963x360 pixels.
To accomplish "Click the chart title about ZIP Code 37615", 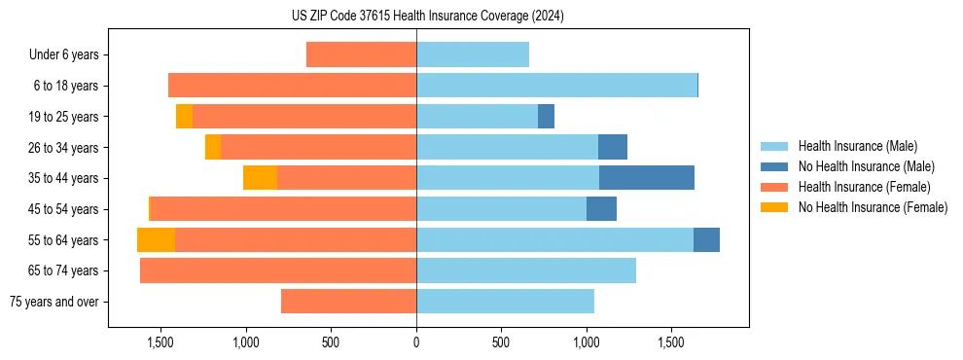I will [428, 17].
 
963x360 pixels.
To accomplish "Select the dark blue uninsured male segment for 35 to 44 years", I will [647, 178].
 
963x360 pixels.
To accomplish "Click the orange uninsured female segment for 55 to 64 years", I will [156, 240].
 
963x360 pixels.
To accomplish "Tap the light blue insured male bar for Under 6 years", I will [473, 55].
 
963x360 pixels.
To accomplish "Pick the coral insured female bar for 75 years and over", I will [348, 302].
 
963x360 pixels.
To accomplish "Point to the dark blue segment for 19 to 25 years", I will [547, 117].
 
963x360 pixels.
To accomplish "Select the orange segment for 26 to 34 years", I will [213, 148].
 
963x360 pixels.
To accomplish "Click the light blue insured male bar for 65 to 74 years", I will [526, 270].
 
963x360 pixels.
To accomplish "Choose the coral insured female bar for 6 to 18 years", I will [292, 86].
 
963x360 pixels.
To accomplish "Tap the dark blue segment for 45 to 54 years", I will [601, 209].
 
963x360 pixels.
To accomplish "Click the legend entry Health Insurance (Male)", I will [857, 146].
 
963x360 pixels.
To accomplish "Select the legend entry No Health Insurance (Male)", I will [866, 166].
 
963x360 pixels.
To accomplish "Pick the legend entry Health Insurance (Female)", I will [864, 187].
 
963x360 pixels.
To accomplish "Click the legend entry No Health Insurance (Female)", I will [873, 207].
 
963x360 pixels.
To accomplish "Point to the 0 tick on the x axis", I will [416, 342].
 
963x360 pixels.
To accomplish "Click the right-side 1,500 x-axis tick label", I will [672, 342].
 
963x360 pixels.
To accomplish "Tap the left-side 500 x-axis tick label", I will [331, 342].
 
